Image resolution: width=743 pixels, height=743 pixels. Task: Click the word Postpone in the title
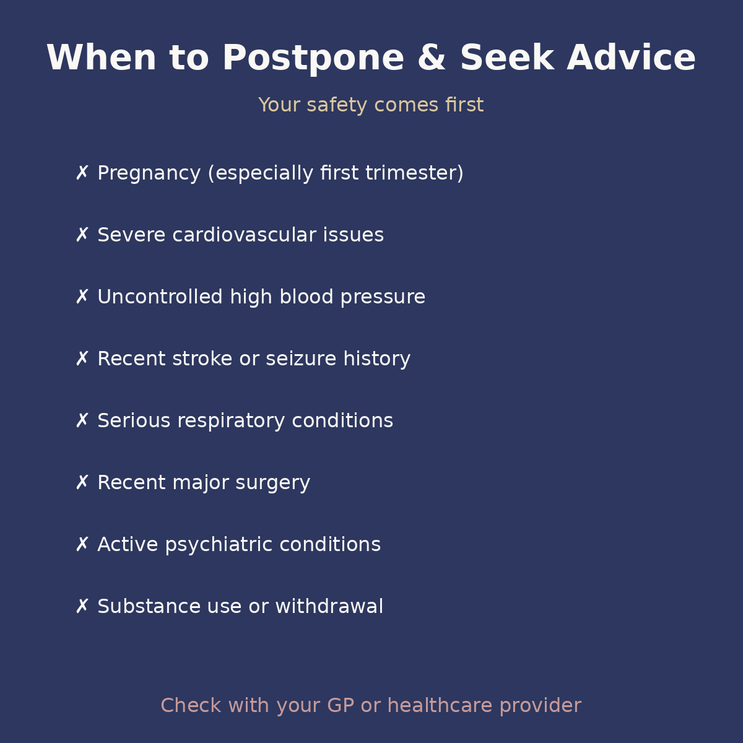[x=313, y=59]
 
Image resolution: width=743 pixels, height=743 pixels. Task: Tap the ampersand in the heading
[x=432, y=59]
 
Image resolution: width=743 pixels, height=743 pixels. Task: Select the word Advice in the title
[x=631, y=59]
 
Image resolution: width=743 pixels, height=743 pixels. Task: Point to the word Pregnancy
[x=149, y=173]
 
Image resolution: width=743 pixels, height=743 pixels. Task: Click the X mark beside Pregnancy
[x=82, y=173]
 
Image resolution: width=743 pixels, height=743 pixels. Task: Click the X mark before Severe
[x=82, y=235]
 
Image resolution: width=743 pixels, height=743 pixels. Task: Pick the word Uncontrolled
[x=160, y=297]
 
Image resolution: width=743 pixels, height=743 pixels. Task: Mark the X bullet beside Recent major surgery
[x=82, y=482]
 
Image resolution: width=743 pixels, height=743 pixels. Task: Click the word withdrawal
[x=329, y=607]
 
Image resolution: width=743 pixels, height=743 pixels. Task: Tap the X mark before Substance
[x=82, y=606]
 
